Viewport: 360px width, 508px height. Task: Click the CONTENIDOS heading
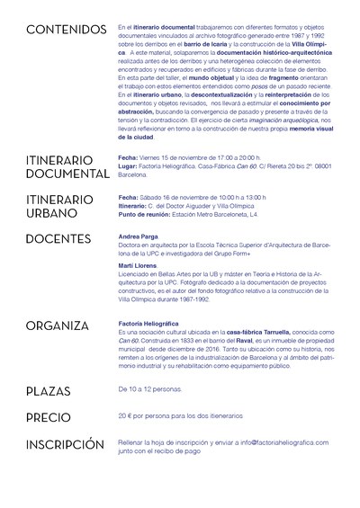tap(66, 31)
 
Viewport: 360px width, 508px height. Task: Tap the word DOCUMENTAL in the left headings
tap(67, 173)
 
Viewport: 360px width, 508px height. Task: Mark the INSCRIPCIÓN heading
tap(71, 444)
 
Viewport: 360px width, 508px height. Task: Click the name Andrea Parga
tap(136, 236)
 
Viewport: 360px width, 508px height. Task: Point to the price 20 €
tap(126, 417)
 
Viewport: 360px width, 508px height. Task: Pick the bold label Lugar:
tap(127, 165)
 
